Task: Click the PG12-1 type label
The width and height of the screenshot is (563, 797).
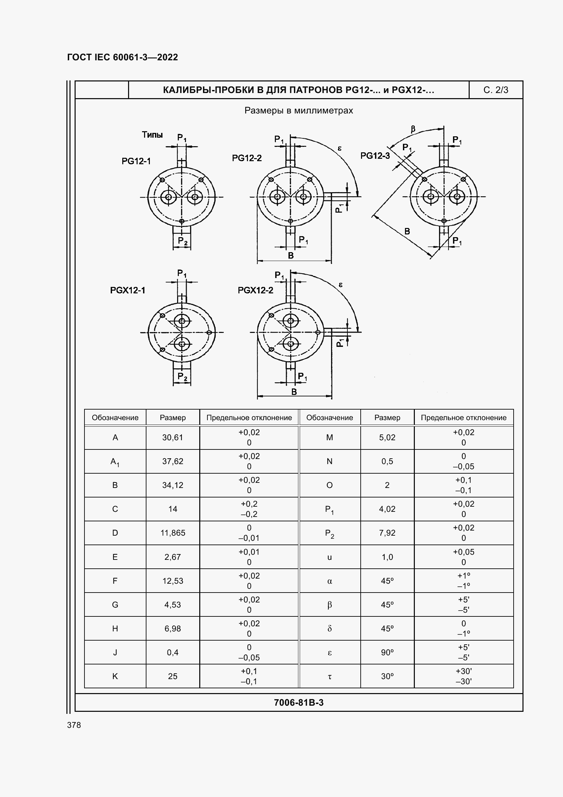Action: coord(136,161)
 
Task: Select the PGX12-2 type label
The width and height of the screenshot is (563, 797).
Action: coord(255,290)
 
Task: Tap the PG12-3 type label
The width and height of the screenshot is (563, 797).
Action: coord(375,156)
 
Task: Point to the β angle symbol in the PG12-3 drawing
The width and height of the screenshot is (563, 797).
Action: coord(413,129)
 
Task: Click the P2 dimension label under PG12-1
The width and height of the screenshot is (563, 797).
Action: coord(183,241)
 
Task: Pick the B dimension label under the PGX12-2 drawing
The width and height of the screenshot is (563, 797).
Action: coord(294,392)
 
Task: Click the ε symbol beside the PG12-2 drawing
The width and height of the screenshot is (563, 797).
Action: coord(340,149)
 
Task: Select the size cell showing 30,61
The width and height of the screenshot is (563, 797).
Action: coord(172,438)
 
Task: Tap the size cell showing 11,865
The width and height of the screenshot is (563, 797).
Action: coord(172,533)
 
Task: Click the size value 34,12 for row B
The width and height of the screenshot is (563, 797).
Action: coord(172,485)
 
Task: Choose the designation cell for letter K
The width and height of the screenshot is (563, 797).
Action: coord(115,676)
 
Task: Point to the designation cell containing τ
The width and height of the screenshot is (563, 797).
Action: coord(330,676)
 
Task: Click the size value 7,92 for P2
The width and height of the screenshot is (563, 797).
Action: coord(387,533)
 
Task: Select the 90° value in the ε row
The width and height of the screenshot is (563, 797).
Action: coord(387,652)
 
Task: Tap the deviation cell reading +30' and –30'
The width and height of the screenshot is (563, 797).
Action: coord(464,676)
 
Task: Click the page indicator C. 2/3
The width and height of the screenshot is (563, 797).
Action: coord(496,90)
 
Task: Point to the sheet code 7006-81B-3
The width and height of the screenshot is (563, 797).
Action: coord(299,703)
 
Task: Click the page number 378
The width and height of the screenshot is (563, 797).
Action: coord(74,725)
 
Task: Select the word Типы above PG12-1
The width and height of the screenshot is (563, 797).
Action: coord(152,135)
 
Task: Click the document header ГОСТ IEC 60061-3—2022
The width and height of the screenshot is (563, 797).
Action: coord(123,57)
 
